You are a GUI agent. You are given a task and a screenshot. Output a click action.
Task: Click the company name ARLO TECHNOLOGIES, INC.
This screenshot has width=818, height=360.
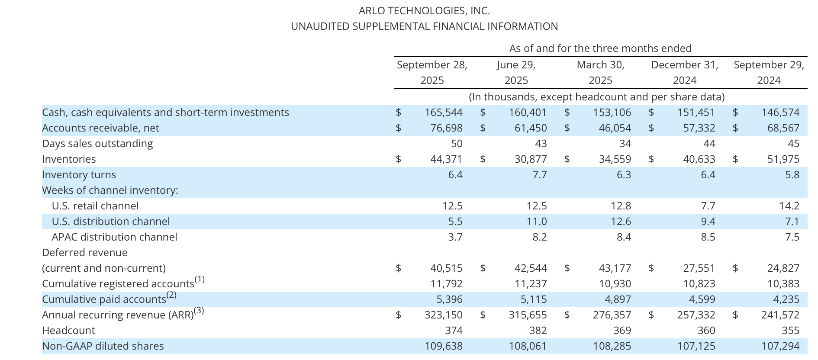pyautogui.click(x=424, y=11)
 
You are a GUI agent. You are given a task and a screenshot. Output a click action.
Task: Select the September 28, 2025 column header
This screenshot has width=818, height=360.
pyautogui.click(x=432, y=73)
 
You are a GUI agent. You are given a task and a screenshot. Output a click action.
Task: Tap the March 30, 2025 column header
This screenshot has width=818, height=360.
pyautogui.click(x=600, y=73)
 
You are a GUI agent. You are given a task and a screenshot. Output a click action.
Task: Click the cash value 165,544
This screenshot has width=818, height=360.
pyautogui.click(x=443, y=112)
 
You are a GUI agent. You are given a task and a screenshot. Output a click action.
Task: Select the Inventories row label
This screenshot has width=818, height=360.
pyautogui.click(x=69, y=159)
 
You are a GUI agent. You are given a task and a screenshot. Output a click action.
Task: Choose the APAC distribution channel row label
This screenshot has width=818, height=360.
pyautogui.click(x=114, y=237)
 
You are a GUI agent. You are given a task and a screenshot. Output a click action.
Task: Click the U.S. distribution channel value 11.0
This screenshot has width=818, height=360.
pyautogui.click(x=537, y=222)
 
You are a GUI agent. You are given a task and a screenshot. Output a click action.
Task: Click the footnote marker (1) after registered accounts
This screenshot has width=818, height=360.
pyautogui.click(x=200, y=280)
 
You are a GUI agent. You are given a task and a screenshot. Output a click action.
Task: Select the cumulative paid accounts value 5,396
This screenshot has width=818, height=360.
pyautogui.click(x=449, y=299)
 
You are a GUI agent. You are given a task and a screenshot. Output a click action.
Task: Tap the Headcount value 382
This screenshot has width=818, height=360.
pyautogui.click(x=538, y=331)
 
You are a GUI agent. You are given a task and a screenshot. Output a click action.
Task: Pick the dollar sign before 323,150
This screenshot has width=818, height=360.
pyautogui.click(x=399, y=315)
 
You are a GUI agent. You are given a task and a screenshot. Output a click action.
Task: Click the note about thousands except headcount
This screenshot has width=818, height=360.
pyautogui.click(x=596, y=96)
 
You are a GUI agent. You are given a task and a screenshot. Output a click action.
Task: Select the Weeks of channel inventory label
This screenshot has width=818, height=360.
pyautogui.click(x=110, y=190)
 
